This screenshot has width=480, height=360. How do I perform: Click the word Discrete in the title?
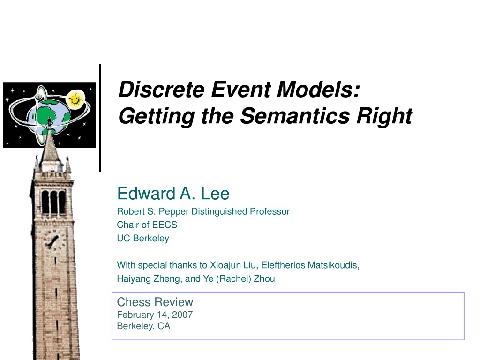161,90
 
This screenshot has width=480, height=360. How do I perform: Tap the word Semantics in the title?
295,116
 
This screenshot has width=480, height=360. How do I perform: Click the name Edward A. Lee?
173,194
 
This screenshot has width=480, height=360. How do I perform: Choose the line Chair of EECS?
147,225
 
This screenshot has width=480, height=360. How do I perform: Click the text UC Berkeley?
143,238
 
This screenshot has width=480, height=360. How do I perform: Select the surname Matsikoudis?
333,265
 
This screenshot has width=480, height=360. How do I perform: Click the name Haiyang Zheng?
149,278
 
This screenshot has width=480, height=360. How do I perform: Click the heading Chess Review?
155,302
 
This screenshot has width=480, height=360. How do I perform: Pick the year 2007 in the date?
182,315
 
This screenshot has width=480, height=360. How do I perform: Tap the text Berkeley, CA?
143,326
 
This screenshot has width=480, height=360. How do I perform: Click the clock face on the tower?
54,240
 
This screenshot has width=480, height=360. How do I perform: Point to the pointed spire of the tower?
50,144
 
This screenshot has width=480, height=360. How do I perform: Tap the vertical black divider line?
100,118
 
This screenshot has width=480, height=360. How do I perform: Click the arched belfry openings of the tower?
53,202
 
